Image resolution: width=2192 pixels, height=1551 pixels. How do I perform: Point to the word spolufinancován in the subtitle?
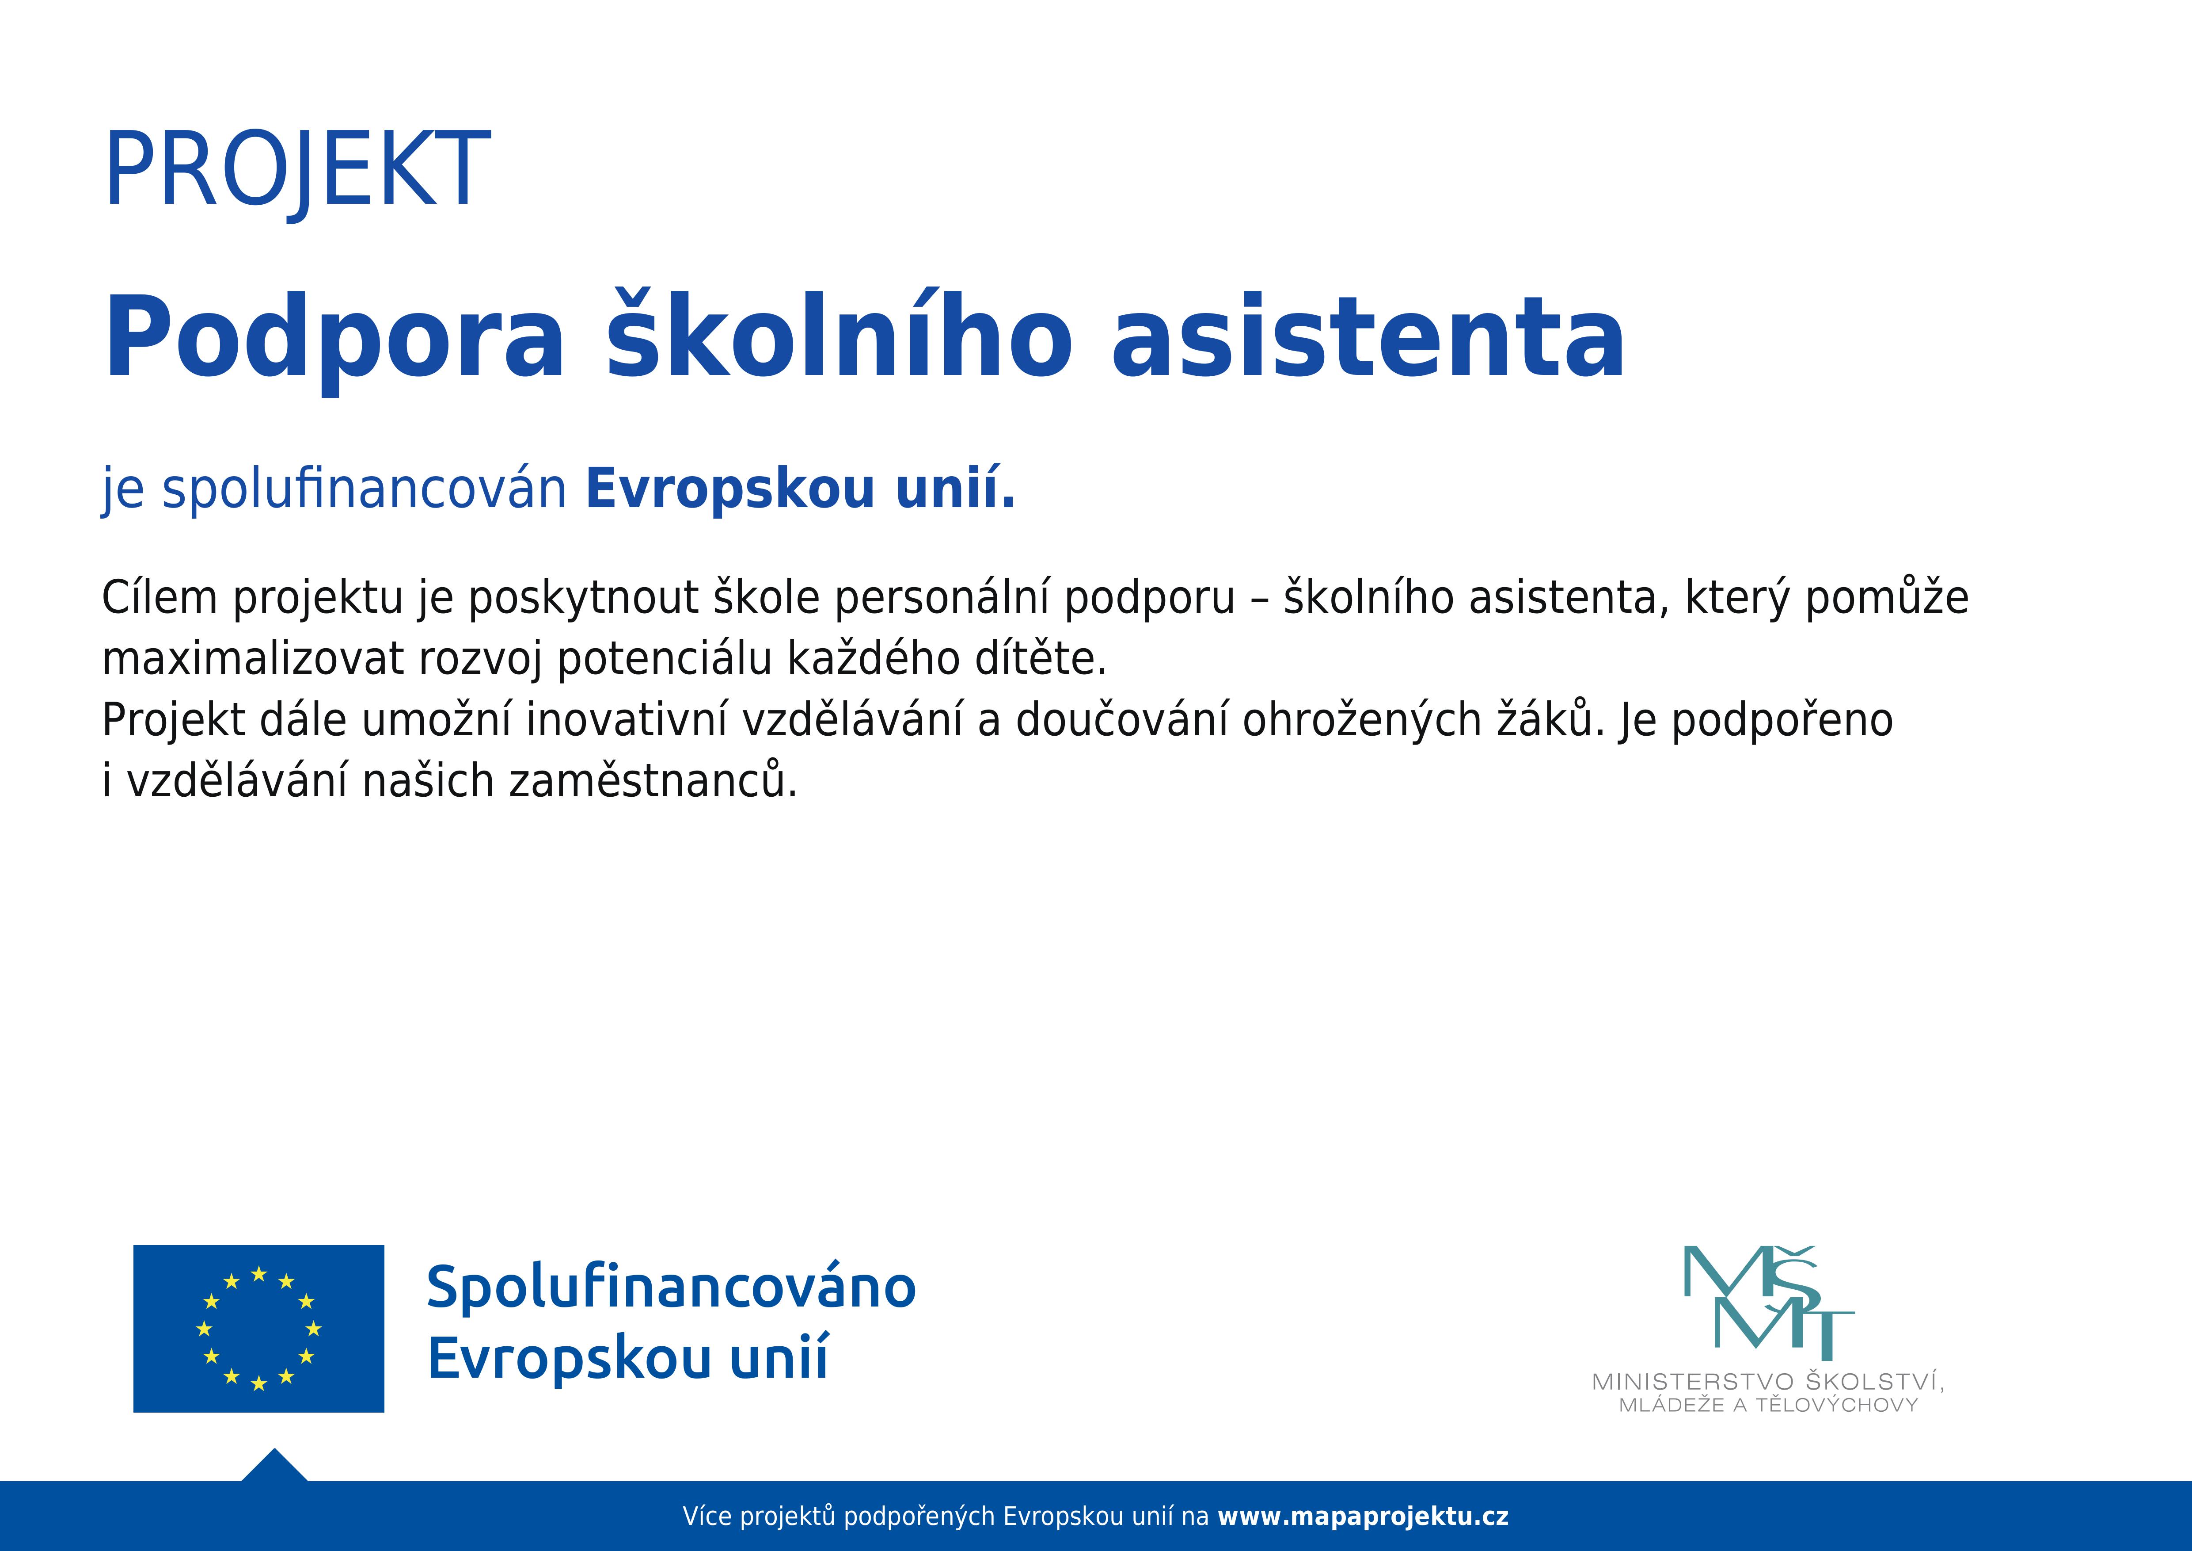tap(365, 489)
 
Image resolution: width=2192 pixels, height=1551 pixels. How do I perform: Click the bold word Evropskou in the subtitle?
tap(730, 489)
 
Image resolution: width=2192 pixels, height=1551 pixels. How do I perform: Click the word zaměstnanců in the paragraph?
tap(653, 781)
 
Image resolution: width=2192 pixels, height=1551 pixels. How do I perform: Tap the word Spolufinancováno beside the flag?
tap(671, 1287)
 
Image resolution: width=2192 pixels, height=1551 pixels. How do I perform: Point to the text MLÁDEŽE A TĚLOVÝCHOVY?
tap(1768, 1405)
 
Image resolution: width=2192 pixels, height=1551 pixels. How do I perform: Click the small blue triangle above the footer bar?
tap(275, 1467)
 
